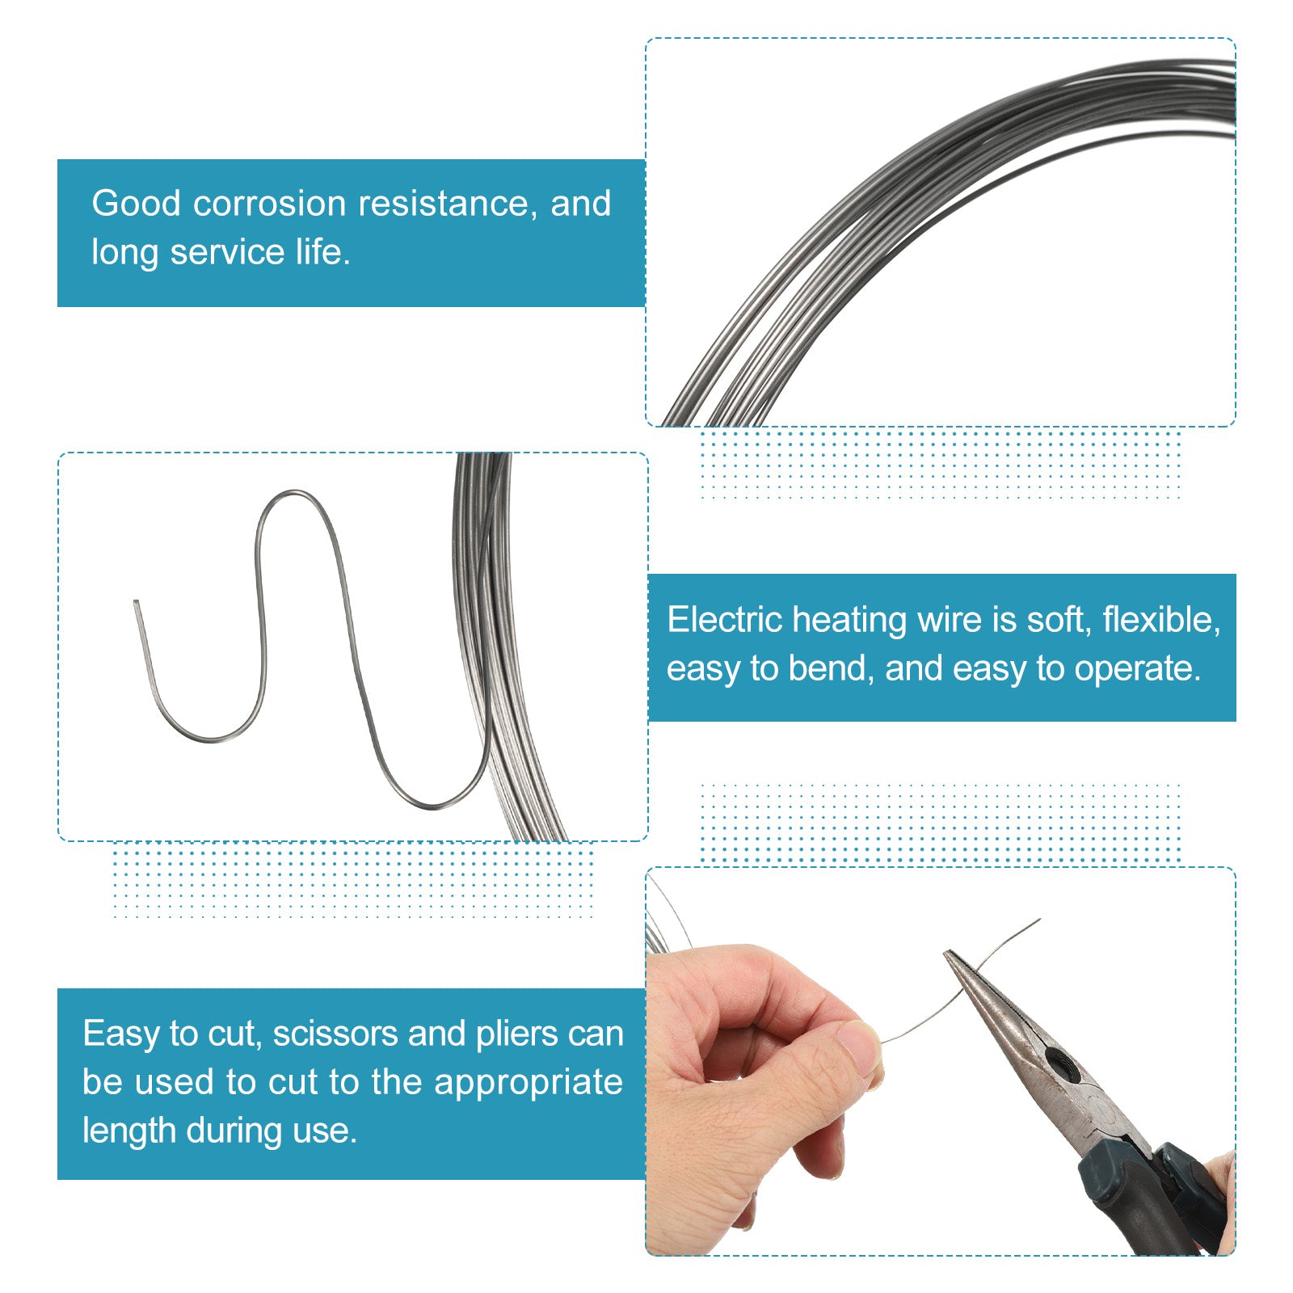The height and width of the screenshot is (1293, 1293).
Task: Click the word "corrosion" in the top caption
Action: click(270, 204)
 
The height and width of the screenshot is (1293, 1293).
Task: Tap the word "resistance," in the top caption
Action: click(449, 204)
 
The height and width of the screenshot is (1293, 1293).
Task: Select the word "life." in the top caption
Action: click(323, 252)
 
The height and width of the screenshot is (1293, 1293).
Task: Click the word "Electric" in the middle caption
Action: click(724, 620)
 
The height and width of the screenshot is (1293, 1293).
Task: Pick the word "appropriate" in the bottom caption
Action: click(529, 1083)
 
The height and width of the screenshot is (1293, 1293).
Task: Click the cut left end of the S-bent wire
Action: click(136, 603)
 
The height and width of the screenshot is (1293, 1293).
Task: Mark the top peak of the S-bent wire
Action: click(294, 493)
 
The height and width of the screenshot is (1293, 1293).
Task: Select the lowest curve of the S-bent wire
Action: click(432, 806)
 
